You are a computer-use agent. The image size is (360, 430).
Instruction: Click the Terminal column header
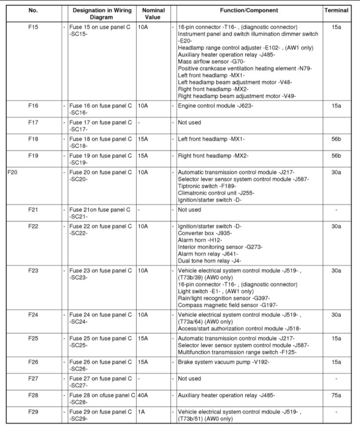click(336, 10)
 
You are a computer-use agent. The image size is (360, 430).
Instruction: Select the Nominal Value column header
click(153, 13)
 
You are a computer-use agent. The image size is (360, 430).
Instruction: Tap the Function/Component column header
click(249, 10)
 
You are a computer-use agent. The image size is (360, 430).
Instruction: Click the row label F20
click(13, 172)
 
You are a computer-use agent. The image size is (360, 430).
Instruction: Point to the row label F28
click(33, 394)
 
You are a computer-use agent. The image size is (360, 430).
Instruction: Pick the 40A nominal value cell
click(144, 394)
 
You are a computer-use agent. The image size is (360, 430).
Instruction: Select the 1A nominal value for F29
click(142, 411)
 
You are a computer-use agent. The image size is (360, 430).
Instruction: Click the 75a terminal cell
click(336, 394)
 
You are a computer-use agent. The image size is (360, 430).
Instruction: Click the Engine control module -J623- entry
click(215, 105)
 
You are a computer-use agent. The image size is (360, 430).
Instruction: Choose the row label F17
click(33, 123)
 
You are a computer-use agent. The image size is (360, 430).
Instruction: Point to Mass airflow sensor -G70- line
click(211, 62)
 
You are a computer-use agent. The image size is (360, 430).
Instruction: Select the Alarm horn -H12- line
click(200, 240)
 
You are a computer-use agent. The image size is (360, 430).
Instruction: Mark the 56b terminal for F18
click(336, 139)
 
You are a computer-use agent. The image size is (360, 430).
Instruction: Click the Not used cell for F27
click(190, 378)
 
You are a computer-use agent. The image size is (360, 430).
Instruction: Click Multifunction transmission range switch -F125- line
click(237, 352)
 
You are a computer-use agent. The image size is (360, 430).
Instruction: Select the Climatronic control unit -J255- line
click(216, 193)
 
